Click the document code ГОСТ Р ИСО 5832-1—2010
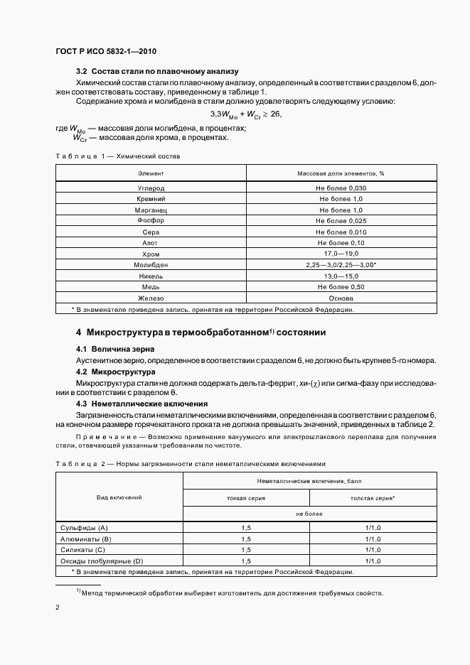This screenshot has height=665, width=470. [106, 52]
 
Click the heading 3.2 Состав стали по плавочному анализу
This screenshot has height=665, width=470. [156, 72]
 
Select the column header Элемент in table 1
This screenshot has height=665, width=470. [151, 173]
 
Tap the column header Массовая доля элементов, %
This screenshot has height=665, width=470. [341, 173]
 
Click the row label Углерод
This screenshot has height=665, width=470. [151, 188]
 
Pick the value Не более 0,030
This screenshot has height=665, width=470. [341, 188]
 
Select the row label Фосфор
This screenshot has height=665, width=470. [151, 221]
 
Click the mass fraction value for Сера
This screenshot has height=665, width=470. [341, 232]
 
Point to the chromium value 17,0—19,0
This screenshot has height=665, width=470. [341, 254]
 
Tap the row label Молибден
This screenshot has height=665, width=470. [151, 265]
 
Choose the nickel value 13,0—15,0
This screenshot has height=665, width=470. [341, 276]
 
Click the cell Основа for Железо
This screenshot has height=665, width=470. [341, 298]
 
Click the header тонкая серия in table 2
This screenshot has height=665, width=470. [246, 498]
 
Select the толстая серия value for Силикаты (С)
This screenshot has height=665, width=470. [373, 550]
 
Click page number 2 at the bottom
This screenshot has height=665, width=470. [58, 608]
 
